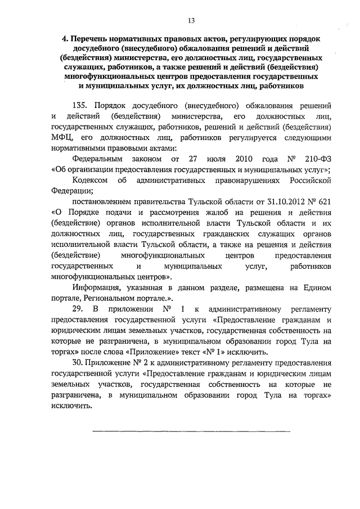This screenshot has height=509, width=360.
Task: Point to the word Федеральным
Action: coord(98,159)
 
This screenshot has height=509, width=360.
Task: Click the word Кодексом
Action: coord(91,180)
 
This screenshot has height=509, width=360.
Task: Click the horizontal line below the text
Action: coord(191,431)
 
